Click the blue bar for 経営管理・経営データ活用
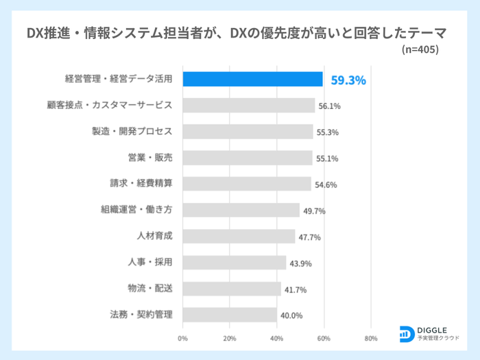[252, 80]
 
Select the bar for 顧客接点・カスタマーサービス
[249, 106]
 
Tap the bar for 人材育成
[239, 237]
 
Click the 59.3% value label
[348, 80]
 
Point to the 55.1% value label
[326, 158]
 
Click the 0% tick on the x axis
[182, 338]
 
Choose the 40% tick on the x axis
[277, 338]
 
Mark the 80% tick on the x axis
[371, 338]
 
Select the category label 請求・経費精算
[141, 184]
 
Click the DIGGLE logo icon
[406, 333]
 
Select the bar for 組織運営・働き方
[241, 211]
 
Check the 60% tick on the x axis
[324, 338]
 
